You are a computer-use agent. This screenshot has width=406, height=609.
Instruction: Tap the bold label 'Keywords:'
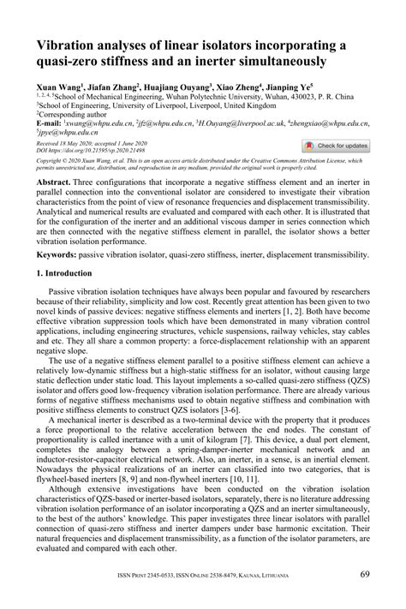point(57,255)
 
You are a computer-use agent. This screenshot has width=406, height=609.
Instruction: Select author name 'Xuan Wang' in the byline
point(56,87)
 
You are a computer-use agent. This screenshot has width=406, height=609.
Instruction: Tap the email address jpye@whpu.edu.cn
point(65,133)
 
